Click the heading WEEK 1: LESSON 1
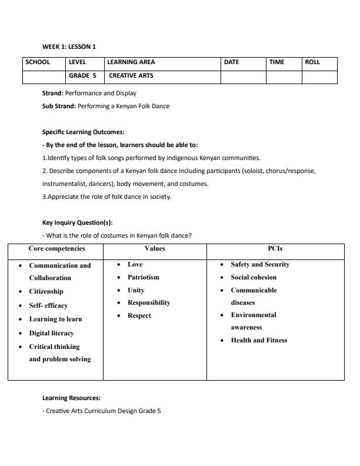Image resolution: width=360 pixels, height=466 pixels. click(x=69, y=46)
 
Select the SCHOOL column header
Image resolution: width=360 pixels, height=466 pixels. click(x=38, y=62)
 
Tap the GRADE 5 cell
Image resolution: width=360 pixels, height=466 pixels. click(x=82, y=76)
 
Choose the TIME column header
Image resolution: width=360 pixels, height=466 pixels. click(x=277, y=62)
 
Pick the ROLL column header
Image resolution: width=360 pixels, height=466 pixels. click(x=312, y=62)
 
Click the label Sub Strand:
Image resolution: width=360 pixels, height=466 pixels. click(x=59, y=106)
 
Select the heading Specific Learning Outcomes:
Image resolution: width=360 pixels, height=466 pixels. click(x=83, y=132)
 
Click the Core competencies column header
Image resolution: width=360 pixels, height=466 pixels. click(x=57, y=249)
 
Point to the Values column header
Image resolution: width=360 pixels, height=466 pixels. click(x=155, y=249)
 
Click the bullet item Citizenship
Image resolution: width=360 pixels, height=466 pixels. click(x=46, y=291)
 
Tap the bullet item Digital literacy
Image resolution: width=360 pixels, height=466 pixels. click(x=51, y=333)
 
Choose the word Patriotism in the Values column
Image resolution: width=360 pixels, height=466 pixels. click(x=144, y=277)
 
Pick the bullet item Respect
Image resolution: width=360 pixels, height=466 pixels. click(x=139, y=316)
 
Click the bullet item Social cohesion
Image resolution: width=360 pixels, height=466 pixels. click(x=254, y=277)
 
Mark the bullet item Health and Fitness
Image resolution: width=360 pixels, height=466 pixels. click(x=259, y=340)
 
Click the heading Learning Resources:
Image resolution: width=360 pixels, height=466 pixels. click(x=71, y=398)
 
